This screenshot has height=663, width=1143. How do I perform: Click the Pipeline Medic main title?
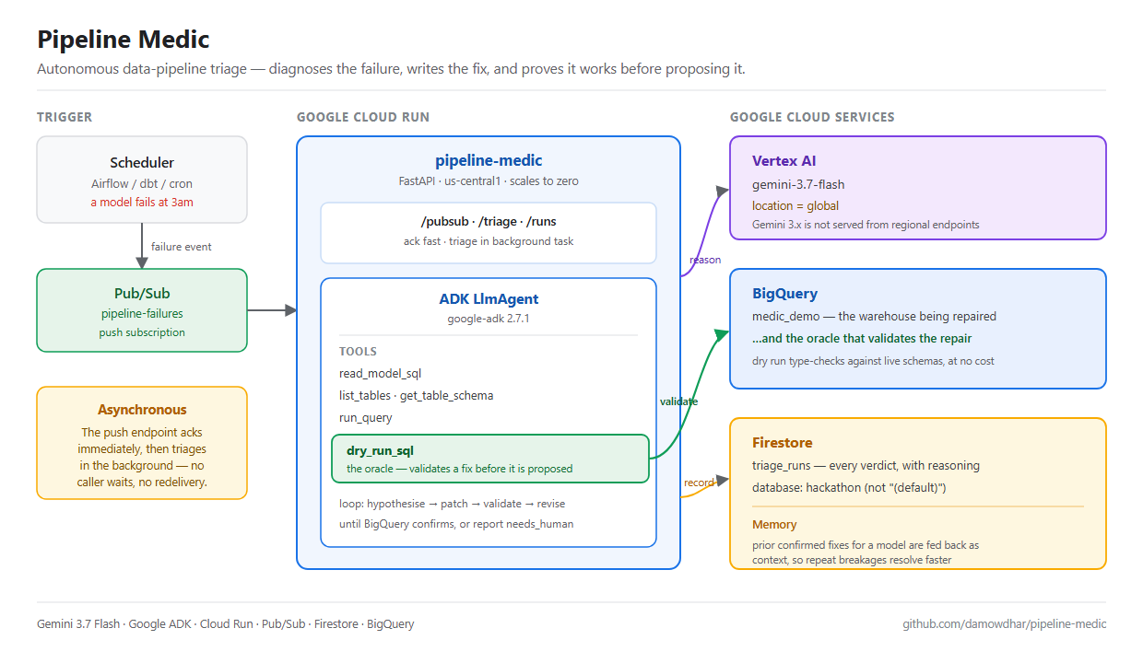123,40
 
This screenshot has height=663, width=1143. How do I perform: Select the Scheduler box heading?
142,163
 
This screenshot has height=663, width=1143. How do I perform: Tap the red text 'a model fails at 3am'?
142,203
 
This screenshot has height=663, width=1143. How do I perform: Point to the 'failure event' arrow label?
182,247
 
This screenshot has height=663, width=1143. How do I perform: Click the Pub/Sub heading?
142,294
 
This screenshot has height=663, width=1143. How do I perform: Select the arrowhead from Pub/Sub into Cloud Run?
290,309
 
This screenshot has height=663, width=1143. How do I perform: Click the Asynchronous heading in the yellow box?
142,410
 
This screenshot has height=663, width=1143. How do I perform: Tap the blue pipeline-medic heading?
489,160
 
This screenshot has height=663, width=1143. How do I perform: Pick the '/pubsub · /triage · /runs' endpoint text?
489,222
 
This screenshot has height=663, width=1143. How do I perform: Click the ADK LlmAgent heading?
489,299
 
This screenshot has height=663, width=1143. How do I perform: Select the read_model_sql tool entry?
380,374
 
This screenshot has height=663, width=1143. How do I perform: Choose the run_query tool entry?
365,418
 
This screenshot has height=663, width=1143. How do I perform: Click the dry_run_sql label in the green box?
380,450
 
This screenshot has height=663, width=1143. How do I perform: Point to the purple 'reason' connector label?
705,260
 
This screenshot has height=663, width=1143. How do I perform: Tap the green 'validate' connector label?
678,401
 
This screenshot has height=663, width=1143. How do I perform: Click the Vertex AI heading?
784,161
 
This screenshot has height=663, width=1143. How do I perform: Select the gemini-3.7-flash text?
798,184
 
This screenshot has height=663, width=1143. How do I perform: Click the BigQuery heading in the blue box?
784,294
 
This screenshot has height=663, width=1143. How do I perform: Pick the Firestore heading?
783,442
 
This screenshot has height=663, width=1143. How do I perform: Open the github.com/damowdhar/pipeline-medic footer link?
1004,624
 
